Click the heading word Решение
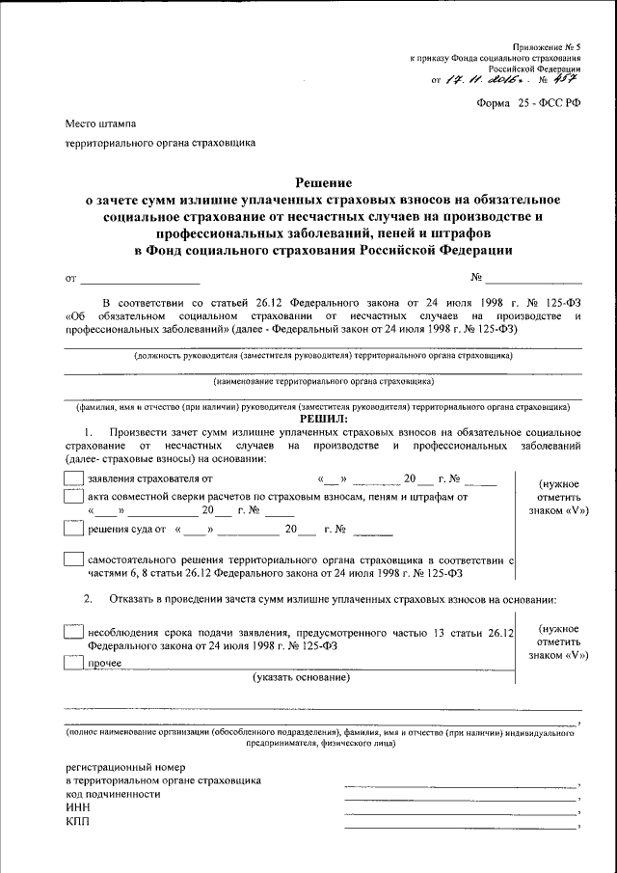[323, 182]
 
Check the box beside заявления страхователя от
[72, 478]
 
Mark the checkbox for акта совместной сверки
[72, 497]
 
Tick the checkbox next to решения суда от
[72, 528]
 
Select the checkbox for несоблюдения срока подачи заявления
[72, 632]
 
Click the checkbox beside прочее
[72, 663]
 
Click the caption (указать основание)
[302, 679]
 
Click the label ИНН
[77, 807]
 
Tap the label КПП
[77, 822]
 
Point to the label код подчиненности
[113, 794]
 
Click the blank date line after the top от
[141, 282]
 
